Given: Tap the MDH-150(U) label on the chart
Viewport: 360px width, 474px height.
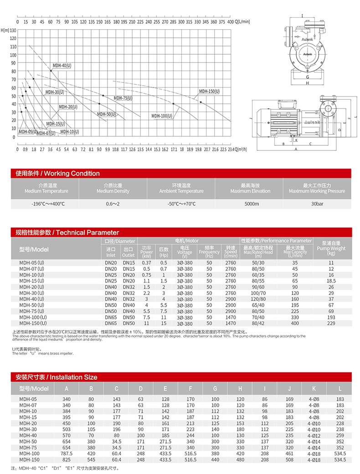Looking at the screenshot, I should [209, 92].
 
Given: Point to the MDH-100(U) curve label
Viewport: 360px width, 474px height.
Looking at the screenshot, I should [162, 116].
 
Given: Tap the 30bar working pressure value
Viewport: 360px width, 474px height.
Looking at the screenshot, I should [317, 204].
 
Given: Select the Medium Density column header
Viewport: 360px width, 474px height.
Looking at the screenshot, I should [113, 188].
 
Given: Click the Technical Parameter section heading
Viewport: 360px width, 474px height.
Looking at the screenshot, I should [67, 232].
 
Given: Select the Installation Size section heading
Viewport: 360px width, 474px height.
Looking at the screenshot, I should [56, 377].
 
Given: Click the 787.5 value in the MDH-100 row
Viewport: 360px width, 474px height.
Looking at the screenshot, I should [67, 453].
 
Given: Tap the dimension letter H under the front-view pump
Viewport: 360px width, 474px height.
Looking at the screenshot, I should [307, 83].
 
